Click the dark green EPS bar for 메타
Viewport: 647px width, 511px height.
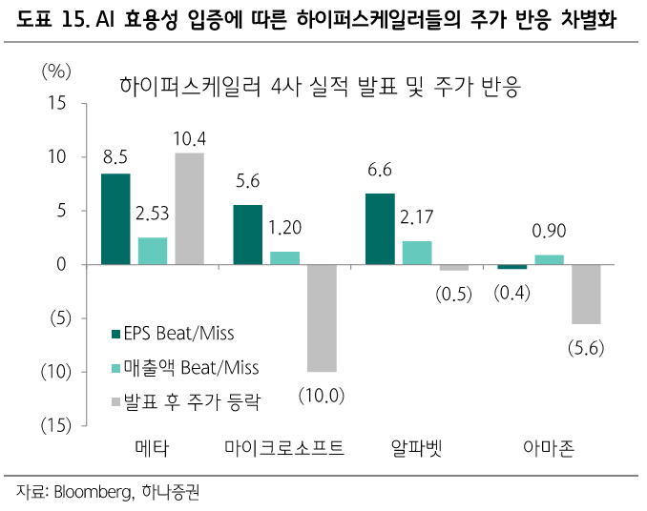pos(115,218)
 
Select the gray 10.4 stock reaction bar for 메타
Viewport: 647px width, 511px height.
pos(189,208)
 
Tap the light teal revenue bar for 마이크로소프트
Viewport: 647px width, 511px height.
pos(284,257)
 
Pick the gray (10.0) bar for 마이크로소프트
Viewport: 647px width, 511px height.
pos(321,317)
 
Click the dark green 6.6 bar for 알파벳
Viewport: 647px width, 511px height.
pos(380,229)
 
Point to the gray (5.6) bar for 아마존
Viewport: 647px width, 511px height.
pos(586,294)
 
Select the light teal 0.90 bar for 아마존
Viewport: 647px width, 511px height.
pos(549,259)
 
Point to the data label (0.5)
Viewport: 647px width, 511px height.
pos(454,295)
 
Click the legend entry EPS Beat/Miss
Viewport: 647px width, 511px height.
pos(173,334)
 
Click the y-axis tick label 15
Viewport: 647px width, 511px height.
pos(54,103)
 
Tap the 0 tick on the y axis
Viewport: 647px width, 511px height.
pos(59,264)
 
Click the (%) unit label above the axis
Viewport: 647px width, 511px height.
pos(55,72)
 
